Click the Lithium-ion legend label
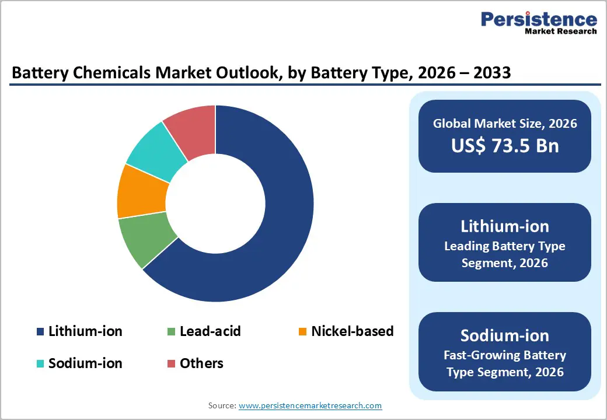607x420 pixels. point(85,331)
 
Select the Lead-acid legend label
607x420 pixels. point(210,331)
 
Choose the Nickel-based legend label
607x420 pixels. point(352,331)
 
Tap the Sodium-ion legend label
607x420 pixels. point(85,363)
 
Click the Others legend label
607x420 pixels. point(201,363)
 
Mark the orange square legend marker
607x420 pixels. point(302,332)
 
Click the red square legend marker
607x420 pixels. point(171,364)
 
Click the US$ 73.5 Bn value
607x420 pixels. point(505,146)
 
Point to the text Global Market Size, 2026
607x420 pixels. point(505,123)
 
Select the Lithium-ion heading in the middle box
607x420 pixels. point(505,226)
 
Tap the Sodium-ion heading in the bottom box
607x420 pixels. point(505,335)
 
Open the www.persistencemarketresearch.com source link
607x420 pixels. point(310,405)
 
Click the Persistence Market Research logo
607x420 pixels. point(538,23)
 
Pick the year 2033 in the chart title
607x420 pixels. point(491,73)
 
